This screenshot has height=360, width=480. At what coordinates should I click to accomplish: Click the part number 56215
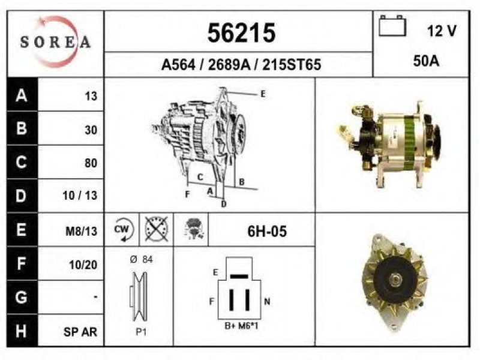(x=241, y=33)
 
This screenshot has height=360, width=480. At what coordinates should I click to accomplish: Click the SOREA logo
(x=55, y=42)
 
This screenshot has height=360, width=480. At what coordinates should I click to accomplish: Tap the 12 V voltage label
(x=442, y=31)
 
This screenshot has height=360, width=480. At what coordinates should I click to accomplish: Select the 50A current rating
(x=426, y=61)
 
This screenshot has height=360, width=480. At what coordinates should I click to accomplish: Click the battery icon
(x=392, y=26)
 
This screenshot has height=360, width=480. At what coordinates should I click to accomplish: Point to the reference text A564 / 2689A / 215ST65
(x=241, y=65)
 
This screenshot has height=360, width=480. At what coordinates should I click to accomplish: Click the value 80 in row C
(x=91, y=163)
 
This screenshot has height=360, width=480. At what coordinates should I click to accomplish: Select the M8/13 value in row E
(x=81, y=231)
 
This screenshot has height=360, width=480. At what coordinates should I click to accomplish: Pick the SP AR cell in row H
(x=80, y=332)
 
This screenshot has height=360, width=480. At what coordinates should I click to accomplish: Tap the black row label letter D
(x=21, y=196)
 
